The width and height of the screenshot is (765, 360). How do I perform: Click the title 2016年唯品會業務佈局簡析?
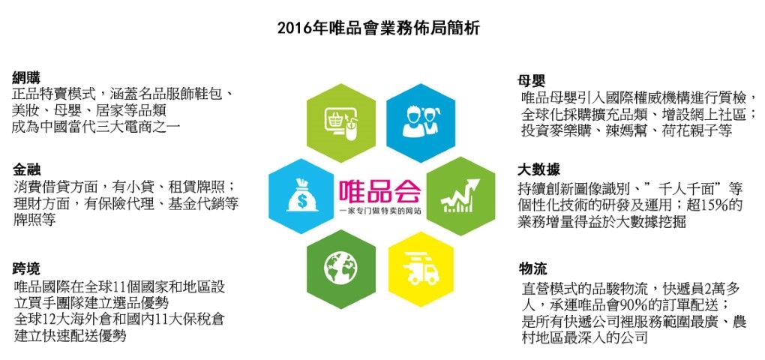pos(379,28)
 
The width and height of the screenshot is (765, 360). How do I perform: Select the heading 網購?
pos(26,77)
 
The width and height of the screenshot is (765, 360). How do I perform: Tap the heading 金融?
pos(26,169)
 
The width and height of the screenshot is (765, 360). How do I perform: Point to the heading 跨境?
pos(26,268)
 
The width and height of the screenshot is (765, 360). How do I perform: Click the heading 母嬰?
pos(531,80)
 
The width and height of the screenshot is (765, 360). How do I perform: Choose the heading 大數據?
pos(538,169)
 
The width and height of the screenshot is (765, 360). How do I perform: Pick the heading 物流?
pos(532,268)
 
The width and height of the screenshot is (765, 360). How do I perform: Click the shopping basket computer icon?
pos(340,123)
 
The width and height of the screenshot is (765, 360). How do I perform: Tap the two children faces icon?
pos(421,121)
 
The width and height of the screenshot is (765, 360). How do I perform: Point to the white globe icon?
pos(340,268)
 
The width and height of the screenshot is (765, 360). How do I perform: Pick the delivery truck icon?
pos(421,268)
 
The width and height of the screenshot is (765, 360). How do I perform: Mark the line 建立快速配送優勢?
pos(70,336)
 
